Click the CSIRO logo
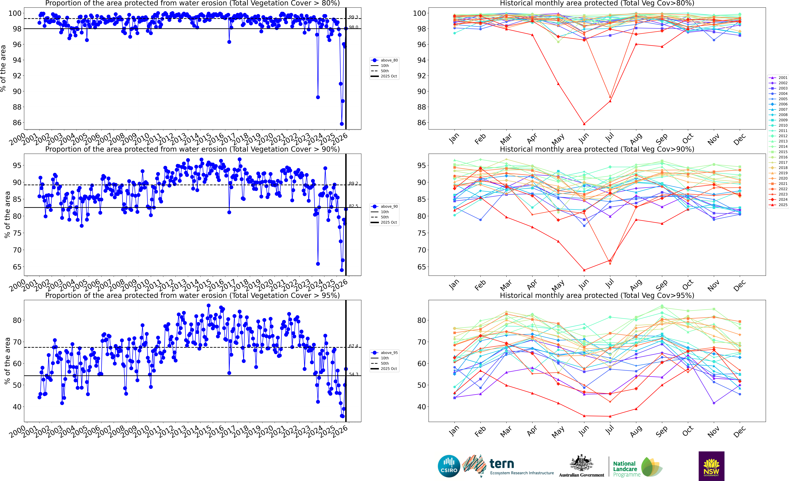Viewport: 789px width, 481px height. (449, 466)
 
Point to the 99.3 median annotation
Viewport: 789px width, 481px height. (353, 17)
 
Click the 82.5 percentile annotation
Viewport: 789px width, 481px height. (353, 206)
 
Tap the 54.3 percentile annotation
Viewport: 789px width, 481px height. (353, 374)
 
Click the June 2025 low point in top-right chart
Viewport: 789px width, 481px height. (584, 124)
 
